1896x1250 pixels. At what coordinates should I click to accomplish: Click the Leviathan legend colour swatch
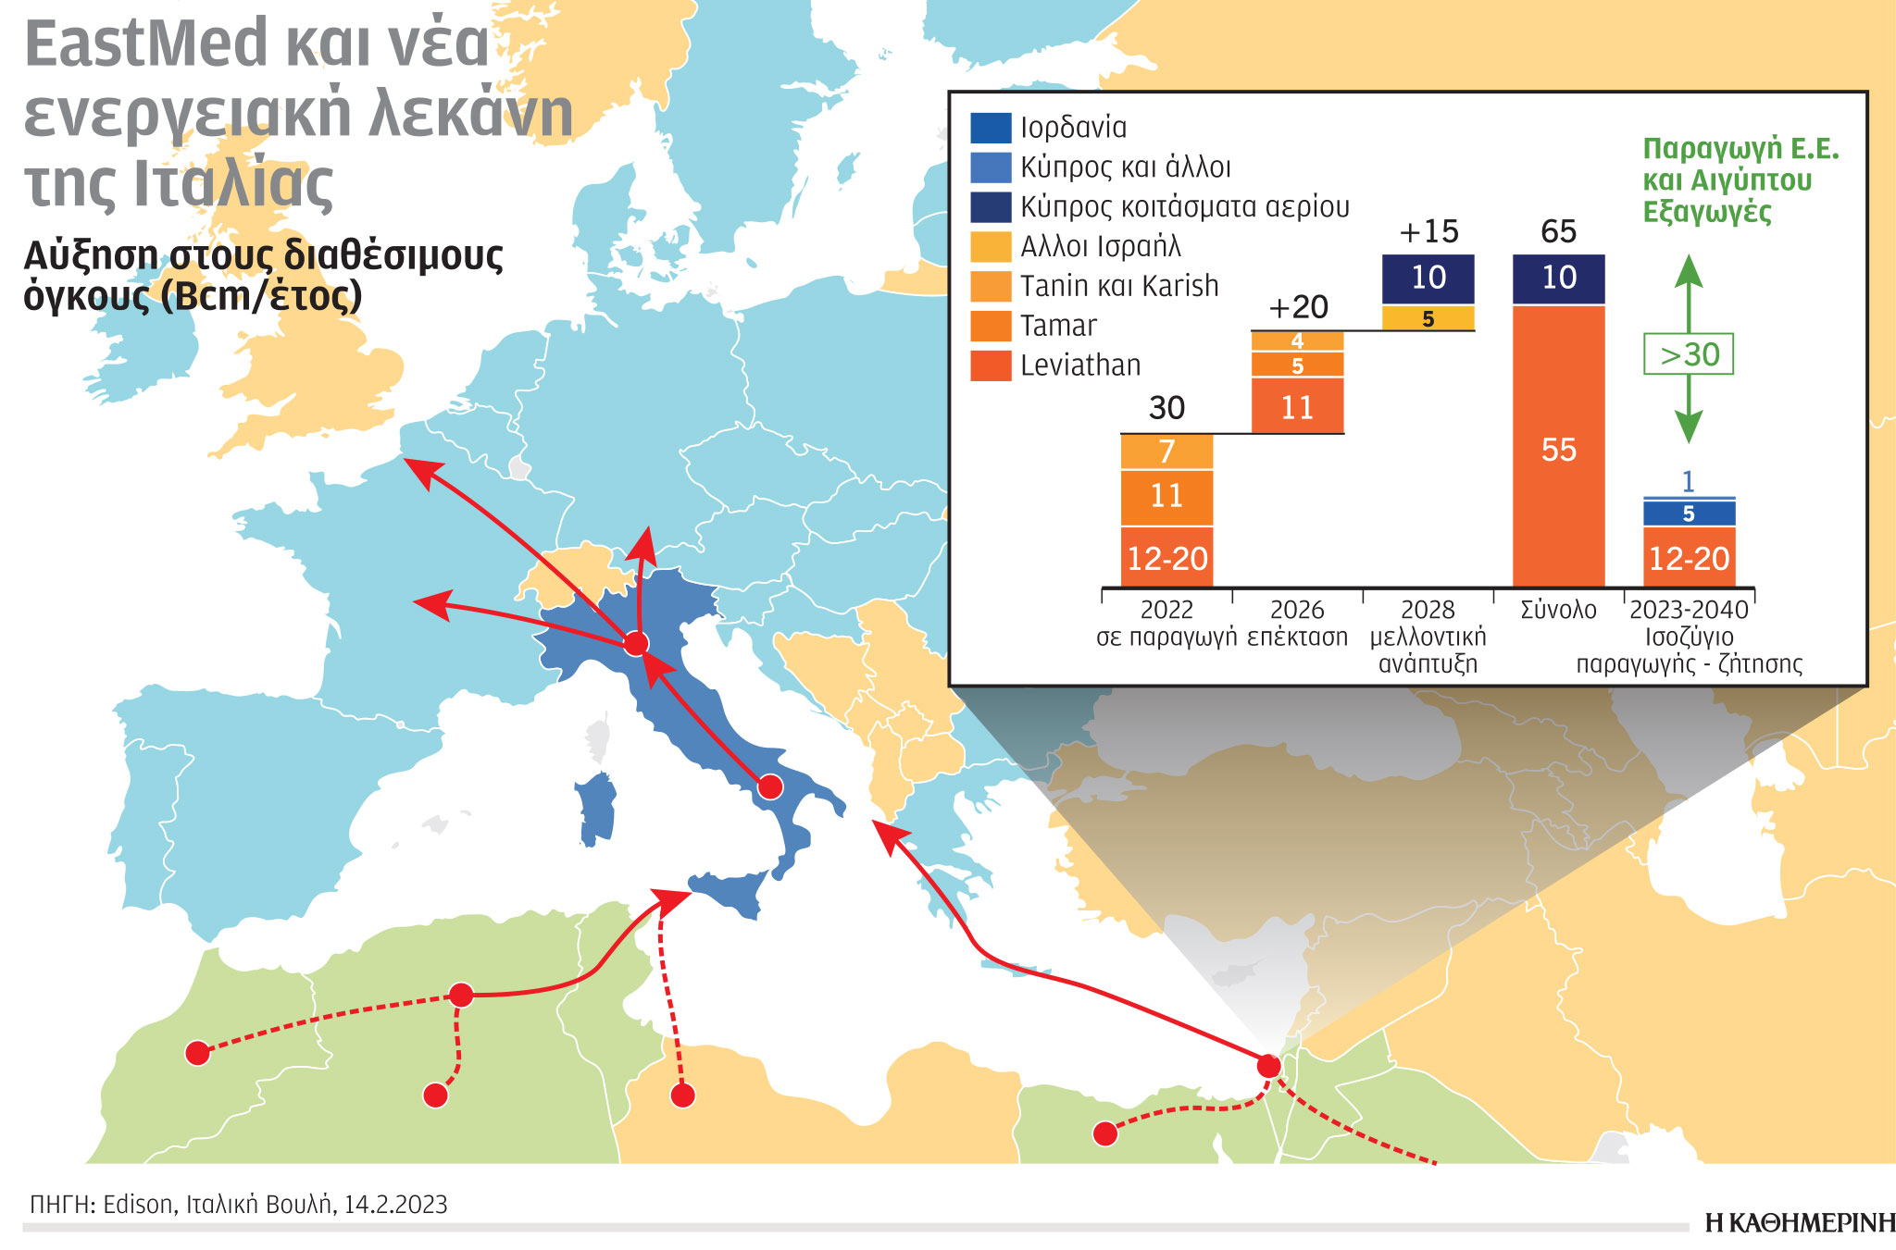coord(990,365)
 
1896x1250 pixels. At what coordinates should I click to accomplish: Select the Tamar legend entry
coord(1057,326)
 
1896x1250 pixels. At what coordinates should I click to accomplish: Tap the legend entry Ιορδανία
coord(1072,128)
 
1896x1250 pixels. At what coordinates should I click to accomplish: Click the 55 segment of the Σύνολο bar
coord(1558,450)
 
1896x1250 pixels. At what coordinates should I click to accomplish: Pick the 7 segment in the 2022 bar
coord(1166,452)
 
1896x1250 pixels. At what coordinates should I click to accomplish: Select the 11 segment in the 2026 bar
coord(1297,407)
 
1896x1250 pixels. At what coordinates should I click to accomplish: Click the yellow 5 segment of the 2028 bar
coord(1428,319)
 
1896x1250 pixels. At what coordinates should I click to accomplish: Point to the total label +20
coord(1298,307)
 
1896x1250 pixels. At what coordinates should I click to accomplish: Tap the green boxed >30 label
coord(1689,354)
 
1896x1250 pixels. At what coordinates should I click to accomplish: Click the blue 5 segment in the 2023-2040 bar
coord(1689,514)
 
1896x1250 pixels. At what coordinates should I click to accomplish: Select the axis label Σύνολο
coord(1558,610)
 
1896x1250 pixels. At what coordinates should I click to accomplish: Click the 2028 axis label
coord(1428,610)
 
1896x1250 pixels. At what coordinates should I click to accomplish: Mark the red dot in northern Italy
coord(635,644)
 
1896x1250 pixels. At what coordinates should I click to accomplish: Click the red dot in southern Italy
coord(770,787)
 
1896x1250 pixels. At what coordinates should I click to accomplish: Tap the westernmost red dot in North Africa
coord(197,1053)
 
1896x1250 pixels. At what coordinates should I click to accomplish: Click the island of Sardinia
coord(597,808)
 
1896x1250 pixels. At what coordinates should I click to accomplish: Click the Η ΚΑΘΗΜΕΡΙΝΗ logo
coord(1799,1223)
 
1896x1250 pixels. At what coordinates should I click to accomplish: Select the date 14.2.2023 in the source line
coord(395,1205)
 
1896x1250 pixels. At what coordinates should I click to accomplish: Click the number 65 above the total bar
coord(1558,231)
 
